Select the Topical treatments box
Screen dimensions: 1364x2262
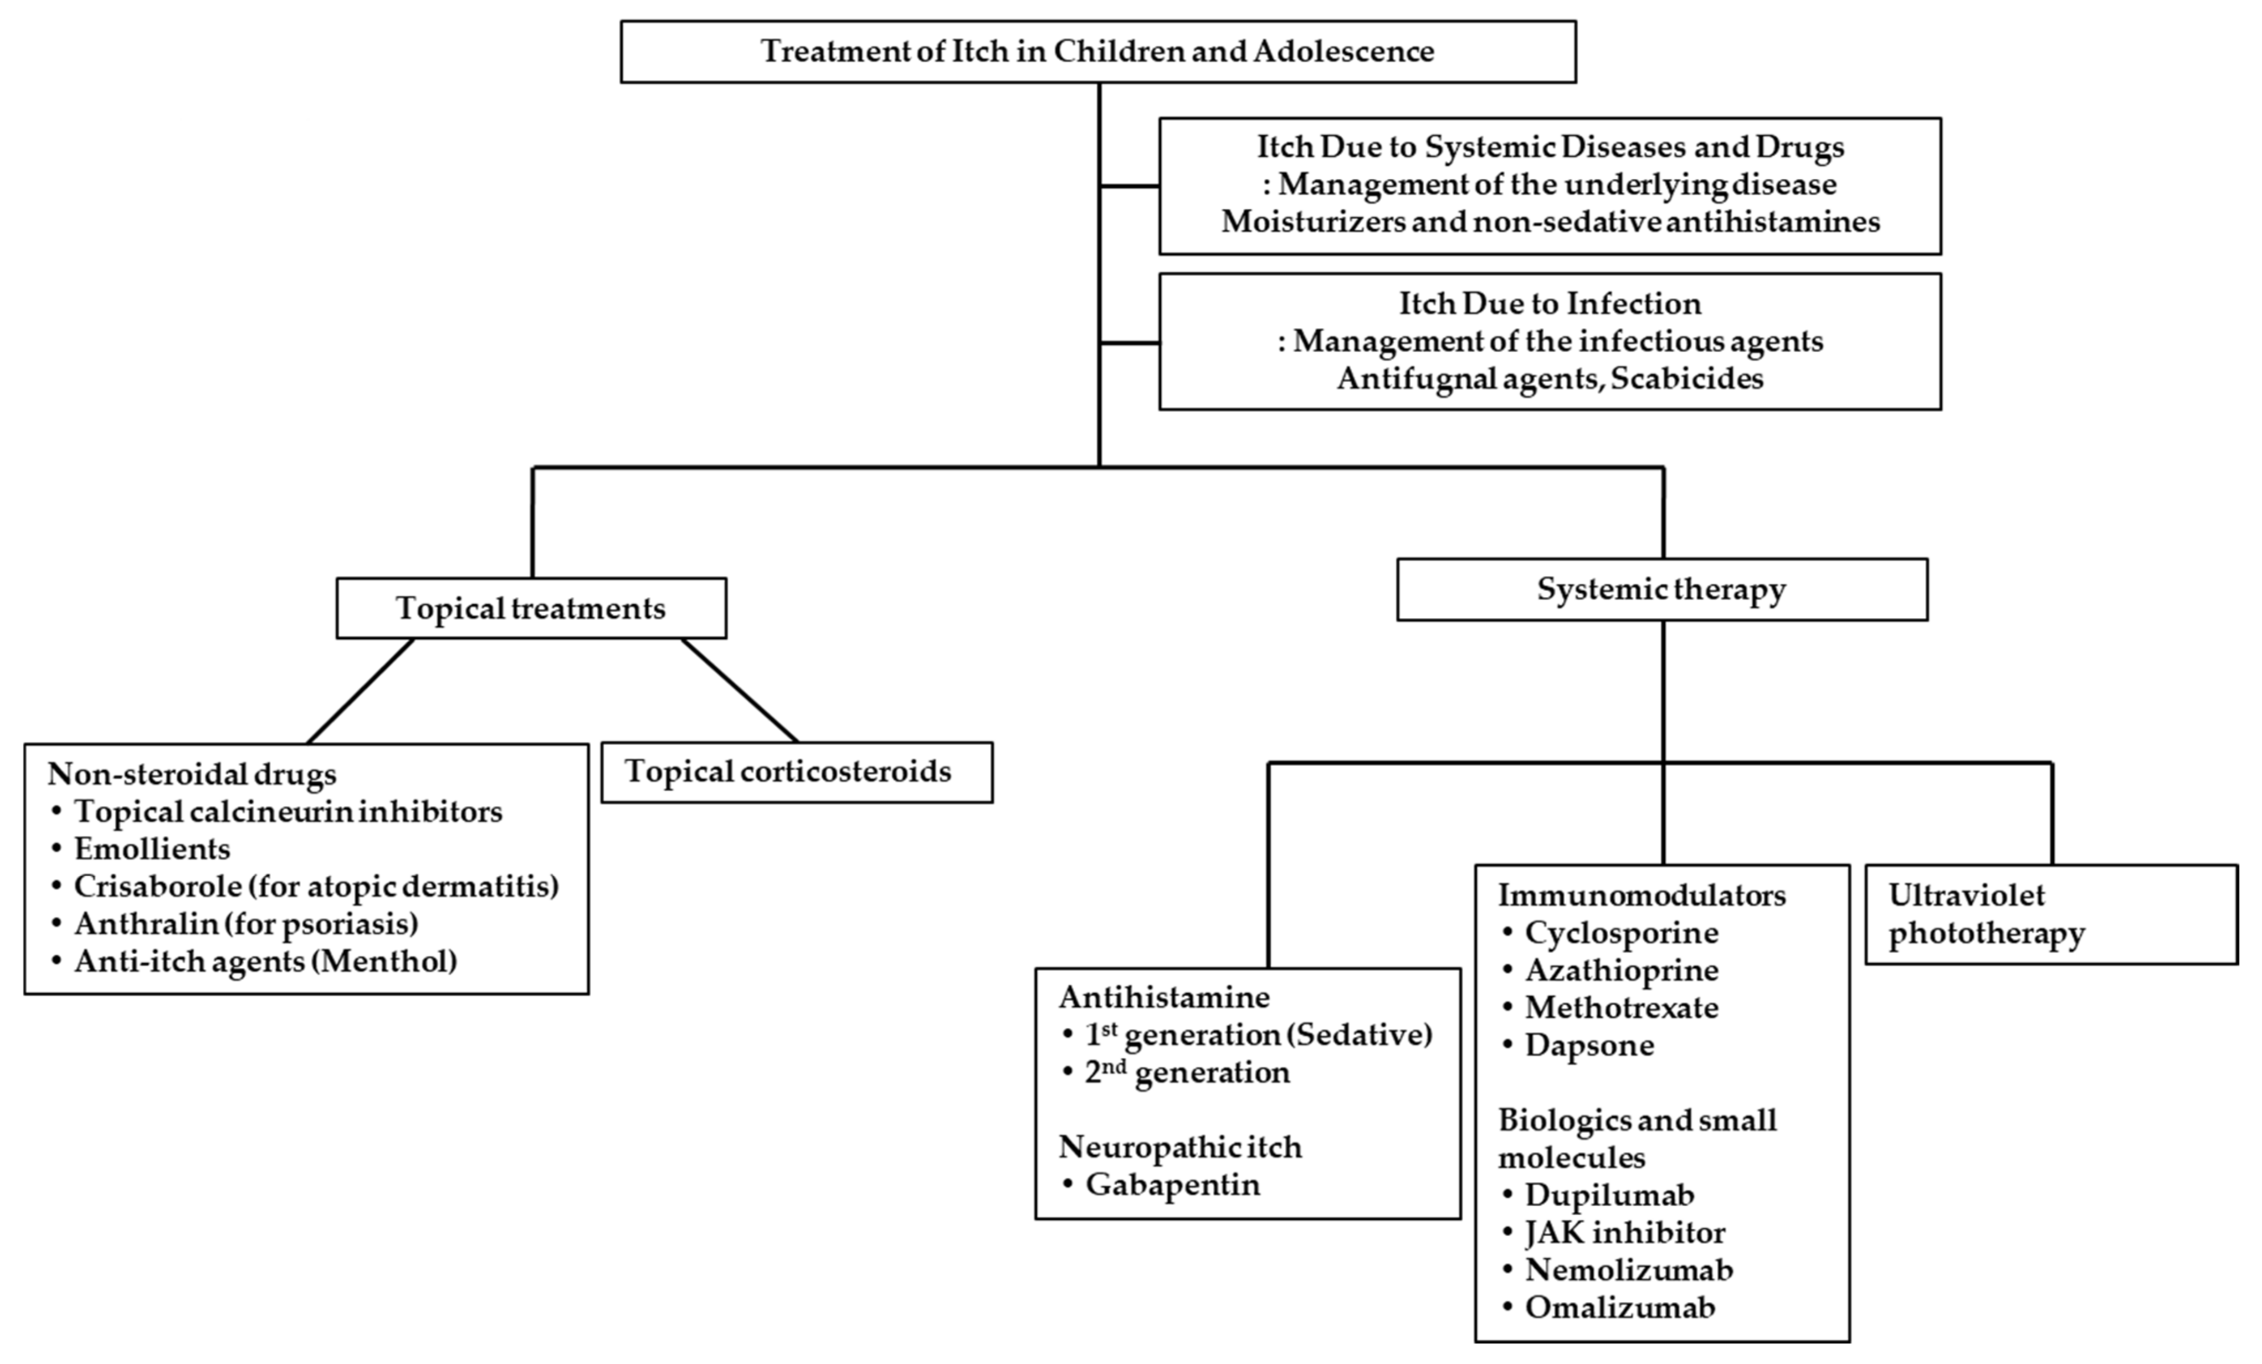pyautogui.click(x=531, y=608)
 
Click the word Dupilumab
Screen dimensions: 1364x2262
pyautogui.click(x=1608, y=1194)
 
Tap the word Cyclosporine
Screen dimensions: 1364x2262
pyautogui.click(x=1620, y=933)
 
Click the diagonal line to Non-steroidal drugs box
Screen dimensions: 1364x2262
pyautogui.click(x=360, y=690)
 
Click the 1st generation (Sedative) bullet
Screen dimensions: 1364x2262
pyautogui.click(x=1257, y=1034)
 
